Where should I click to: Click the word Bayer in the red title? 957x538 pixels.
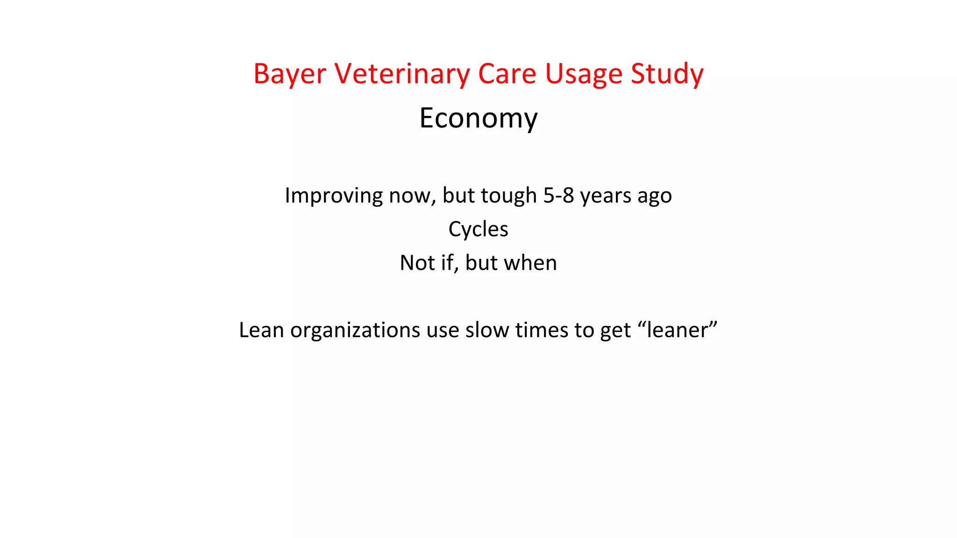tap(289, 74)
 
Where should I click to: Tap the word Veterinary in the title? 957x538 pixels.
tap(402, 74)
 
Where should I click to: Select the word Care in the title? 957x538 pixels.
tap(507, 74)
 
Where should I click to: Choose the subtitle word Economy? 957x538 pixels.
tap(478, 118)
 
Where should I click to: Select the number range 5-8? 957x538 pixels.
tap(558, 196)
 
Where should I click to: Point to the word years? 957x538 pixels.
tap(605, 196)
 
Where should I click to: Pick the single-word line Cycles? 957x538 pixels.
tap(478, 229)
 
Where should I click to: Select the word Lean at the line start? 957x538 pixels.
tap(261, 330)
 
